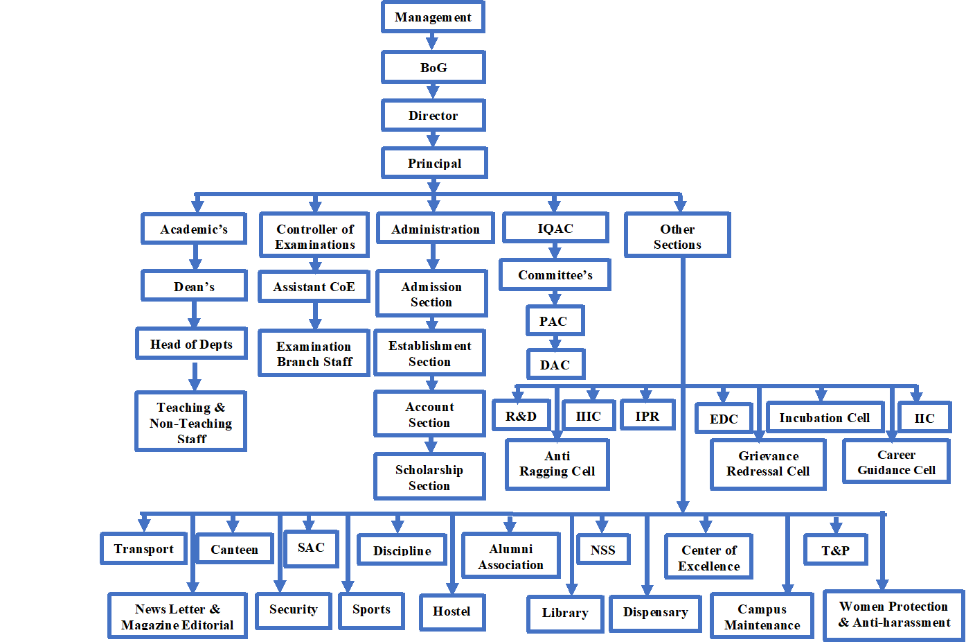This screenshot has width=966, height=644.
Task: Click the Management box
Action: [x=433, y=17]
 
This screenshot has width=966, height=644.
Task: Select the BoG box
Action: [x=433, y=67]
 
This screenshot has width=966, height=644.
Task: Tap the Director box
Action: [x=433, y=115]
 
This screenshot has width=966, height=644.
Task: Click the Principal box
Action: [x=434, y=163]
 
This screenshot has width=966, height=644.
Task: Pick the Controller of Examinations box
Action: [x=314, y=236]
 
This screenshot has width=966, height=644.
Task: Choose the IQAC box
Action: [x=555, y=228]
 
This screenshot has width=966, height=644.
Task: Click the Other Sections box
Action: [x=677, y=236]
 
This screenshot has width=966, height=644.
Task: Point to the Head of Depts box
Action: [x=191, y=344]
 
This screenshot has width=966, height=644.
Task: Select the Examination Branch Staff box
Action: [x=314, y=354]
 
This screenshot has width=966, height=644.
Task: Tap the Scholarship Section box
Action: [x=429, y=477]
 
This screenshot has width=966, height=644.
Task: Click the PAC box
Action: [x=553, y=321]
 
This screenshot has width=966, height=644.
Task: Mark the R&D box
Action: [x=521, y=416]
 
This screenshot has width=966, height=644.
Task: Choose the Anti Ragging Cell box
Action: [x=557, y=464]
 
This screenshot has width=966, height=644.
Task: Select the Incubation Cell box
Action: [x=824, y=417]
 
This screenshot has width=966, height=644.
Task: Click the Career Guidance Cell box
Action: [x=896, y=462]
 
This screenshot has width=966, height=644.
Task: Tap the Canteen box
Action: [x=234, y=549]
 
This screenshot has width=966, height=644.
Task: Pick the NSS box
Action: [x=602, y=550]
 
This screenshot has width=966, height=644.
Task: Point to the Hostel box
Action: [x=451, y=611]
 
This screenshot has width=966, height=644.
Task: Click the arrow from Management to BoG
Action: [x=432, y=42]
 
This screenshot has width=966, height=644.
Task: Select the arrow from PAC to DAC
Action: [x=555, y=342]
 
